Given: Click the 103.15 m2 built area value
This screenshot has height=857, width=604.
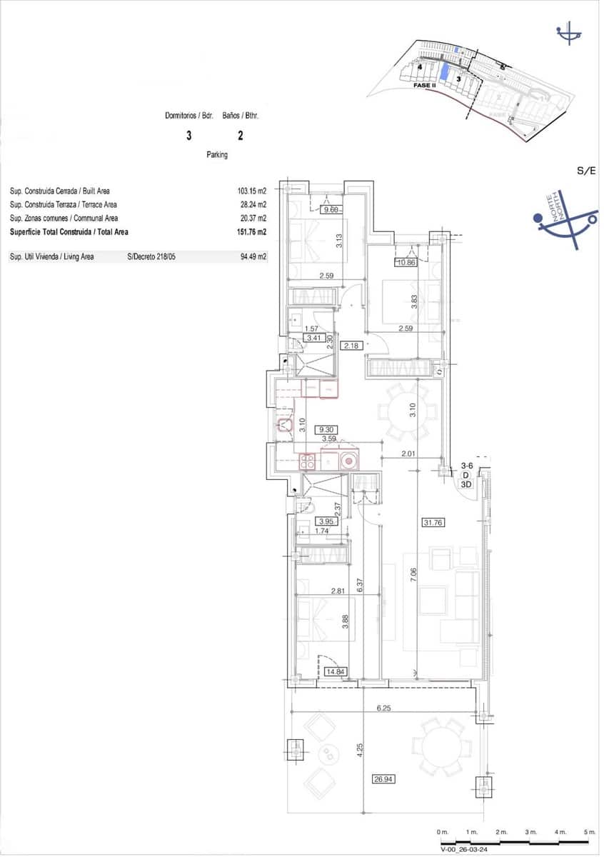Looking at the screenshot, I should point(251,191).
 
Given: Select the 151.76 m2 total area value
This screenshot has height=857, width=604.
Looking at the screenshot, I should point(251,232).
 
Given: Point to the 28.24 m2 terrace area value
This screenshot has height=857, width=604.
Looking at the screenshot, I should point(252,205).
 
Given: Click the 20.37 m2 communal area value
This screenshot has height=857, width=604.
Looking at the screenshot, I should point(252,219).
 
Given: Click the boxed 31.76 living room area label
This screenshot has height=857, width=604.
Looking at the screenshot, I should point(433,522).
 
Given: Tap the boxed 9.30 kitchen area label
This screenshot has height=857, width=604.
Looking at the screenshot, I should point(329,430).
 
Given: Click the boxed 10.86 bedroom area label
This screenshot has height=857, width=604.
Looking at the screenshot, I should point(406,263).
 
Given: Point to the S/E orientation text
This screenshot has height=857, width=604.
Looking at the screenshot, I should point(586,171).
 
